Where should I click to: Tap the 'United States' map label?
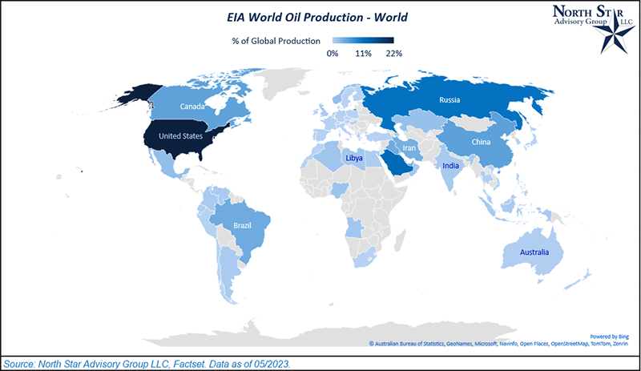click(181, 135)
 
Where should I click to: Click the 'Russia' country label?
click(450, 100)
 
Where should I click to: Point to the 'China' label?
click(480, 143)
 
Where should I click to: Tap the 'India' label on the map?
click(450, 167)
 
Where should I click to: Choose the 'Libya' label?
click(354, 159)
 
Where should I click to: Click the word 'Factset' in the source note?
click(208, 363)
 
